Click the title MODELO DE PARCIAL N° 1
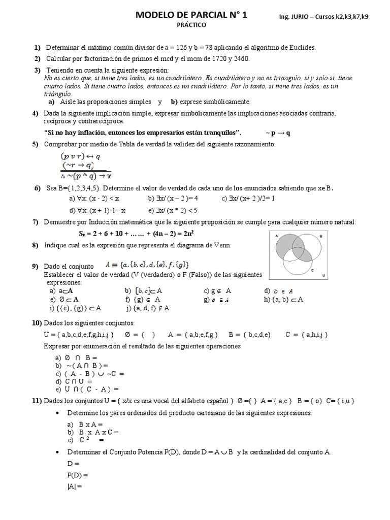(191, 15)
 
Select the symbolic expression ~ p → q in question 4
(278, 133)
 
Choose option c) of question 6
(248, 199)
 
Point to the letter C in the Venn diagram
(311, 270)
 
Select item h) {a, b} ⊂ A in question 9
(283, 299)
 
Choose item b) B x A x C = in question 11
(92, 432)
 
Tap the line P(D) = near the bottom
(78, 475)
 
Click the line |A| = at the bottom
(74, 486)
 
